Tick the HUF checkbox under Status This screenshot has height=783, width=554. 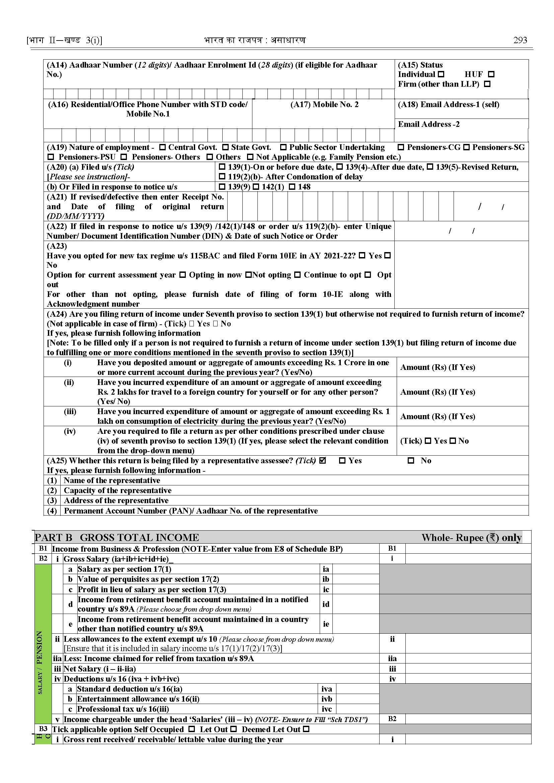click(x=491, y=74)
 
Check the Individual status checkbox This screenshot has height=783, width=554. click(x=441, y=74)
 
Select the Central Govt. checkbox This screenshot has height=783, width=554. click(x=163, y=147)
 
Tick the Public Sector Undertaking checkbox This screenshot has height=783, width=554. click(x=283, y=147)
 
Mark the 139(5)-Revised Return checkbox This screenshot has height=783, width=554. click(x=430, y=167)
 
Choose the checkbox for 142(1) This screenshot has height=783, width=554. click(x=256, y=187)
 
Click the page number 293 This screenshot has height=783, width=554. click(x=520, y=40)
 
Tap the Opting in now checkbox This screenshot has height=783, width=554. click(x=183, y=275)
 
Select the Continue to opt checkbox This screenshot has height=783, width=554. click(x=298, y=275)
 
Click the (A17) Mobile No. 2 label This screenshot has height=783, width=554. click(x=324, y=105)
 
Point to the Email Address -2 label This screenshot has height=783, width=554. click(x=428, y=125)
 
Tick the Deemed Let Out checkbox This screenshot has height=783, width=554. click(x=306, y=729)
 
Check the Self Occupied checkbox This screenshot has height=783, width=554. click(x=192, y=729)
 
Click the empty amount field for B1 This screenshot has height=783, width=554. click(x=468, y=549)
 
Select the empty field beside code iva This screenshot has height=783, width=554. click(x=358, y=689)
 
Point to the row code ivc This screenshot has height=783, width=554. click(x=326, y=709)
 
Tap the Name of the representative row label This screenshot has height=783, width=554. click(x=112, y=480)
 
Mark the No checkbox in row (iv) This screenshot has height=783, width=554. click(x=453, y=441)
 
